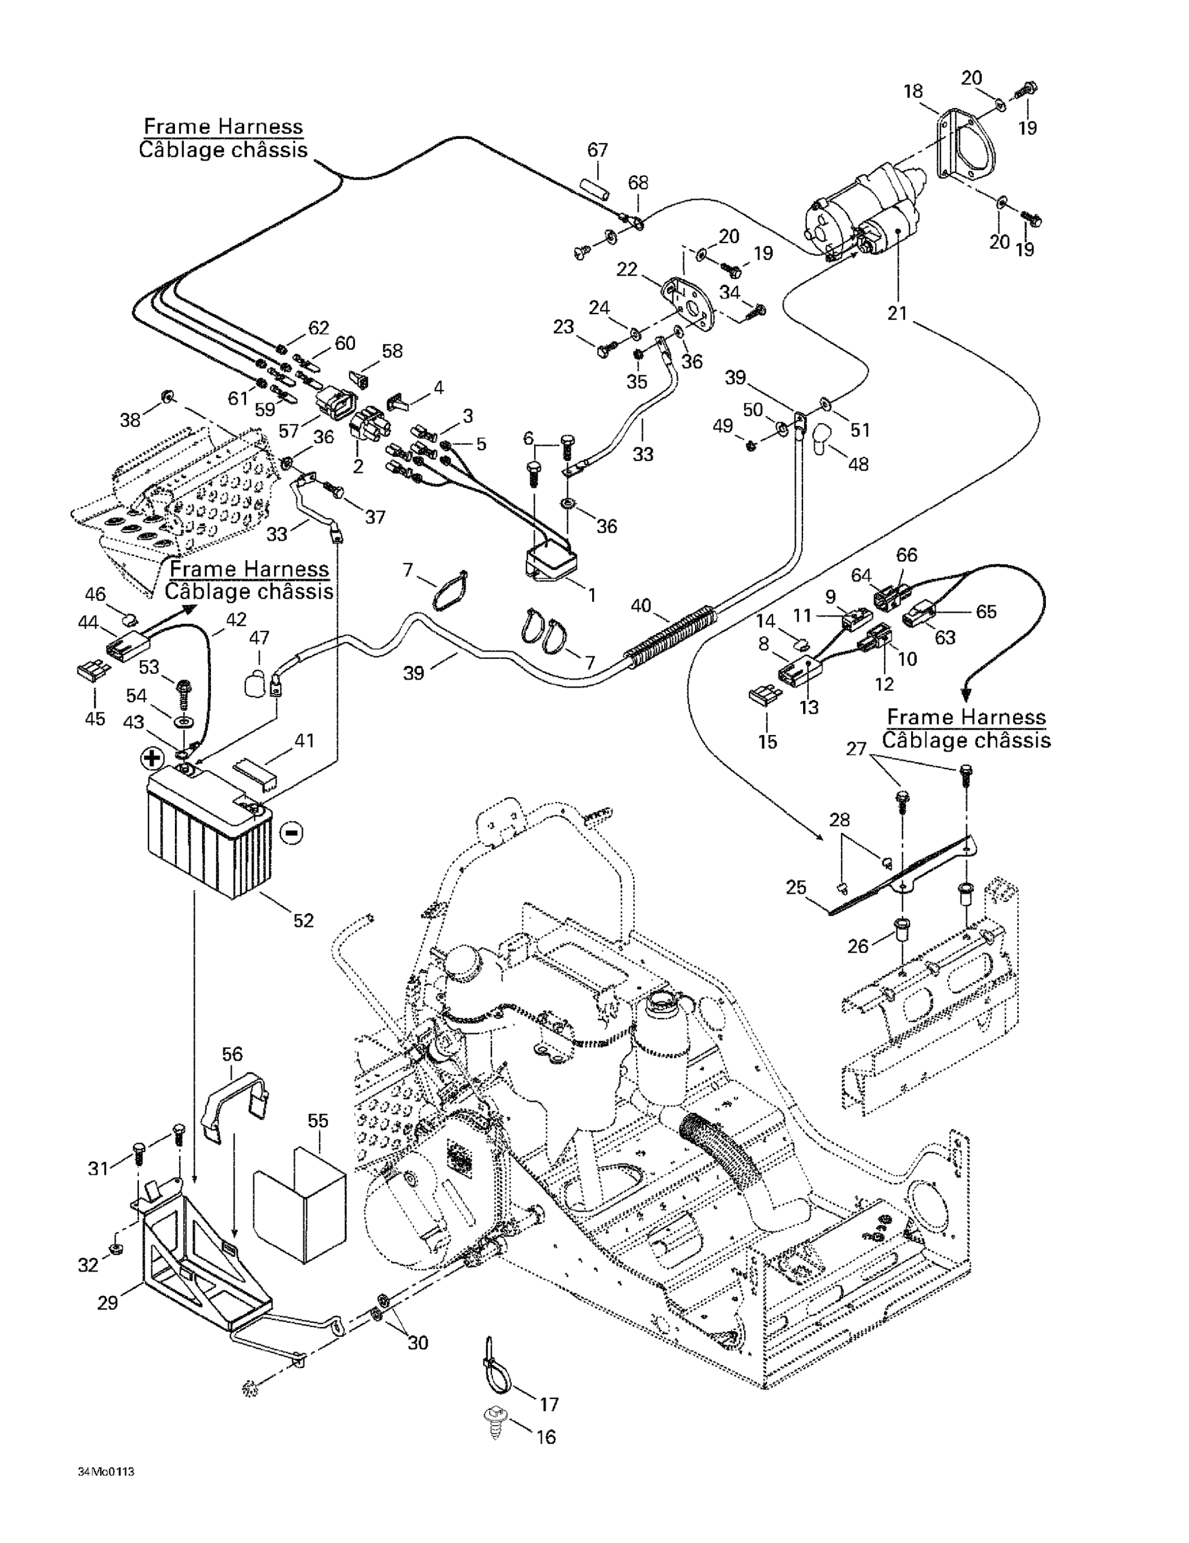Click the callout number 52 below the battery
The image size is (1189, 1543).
(x=303, y=920)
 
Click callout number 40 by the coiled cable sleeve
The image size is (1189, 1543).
(x=641, y=605)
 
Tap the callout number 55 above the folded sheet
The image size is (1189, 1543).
(x=318, y=1121)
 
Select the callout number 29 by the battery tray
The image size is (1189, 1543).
(x=108, y=1302)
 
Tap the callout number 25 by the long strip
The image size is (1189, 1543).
(x=796, y=887)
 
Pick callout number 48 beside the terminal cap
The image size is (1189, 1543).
(x=858, y=463)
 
